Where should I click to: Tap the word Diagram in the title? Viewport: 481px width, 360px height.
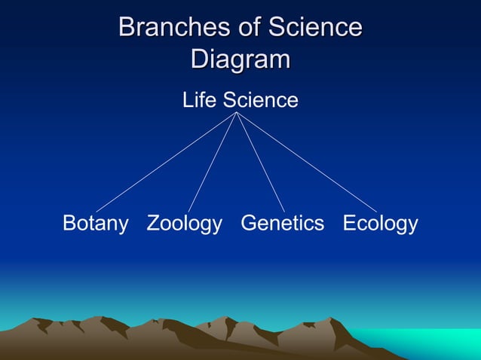pyautogui.click(x=240, y=59)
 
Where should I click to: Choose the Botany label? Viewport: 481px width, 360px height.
pyautogui.click(x=95, y=224)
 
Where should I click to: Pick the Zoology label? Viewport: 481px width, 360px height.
pyautogui.click(x=185, y=224)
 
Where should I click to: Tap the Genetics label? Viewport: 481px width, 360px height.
pyautogui.click(x=283, y=224)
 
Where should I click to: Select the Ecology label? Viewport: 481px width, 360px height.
pyautogui.click(x=380, y=224)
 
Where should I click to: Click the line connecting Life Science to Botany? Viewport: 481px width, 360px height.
pyautogui.click(x=166, y=162)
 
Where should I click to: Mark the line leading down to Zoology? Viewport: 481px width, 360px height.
pyautogui.click(x=213, y=162)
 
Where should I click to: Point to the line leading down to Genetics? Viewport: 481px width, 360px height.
pyautogui.click(x=261, y=162)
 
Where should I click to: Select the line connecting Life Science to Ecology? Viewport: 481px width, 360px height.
pyautogui.click(x=307, y=162)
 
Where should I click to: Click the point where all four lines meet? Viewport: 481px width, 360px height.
pyautogui.click(x=237, y=113)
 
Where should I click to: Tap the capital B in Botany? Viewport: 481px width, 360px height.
pyautogui.click(x=69, y=224)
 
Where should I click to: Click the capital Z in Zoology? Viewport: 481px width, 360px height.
pyautogui.click(x=153, y=224)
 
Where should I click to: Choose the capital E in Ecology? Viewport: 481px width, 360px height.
pyautogui.click(x=350, y=224)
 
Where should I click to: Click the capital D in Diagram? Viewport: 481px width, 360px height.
pyautogui.click(x=199, y=59)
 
